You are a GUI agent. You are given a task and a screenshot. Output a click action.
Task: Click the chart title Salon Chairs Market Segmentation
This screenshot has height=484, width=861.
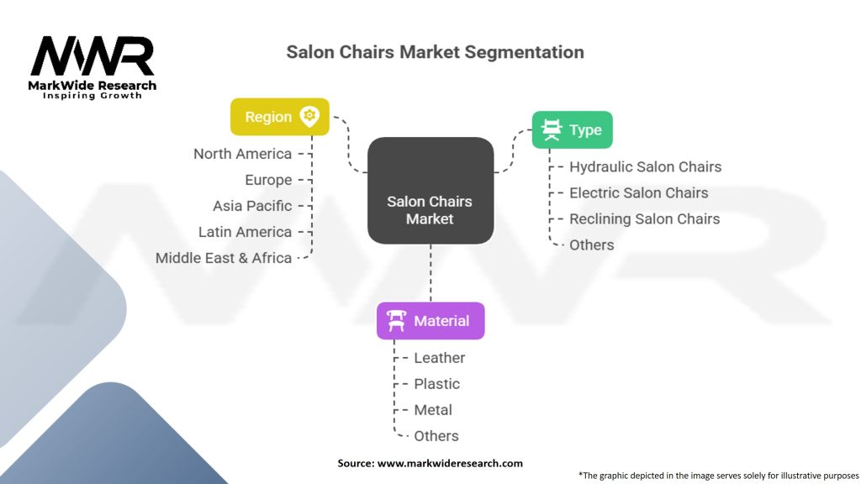tap(435, 52)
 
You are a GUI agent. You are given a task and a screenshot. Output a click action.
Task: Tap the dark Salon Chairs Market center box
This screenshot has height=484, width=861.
tap(430, 191)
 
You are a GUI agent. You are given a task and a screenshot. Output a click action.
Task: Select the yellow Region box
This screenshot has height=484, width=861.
tap(280, 117)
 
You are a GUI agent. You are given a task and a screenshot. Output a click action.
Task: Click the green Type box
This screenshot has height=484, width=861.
tap(572, 129)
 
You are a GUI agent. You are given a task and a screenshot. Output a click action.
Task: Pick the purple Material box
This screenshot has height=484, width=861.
tap(430, 320)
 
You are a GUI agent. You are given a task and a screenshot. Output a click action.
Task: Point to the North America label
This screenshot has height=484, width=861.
tap(243, 154)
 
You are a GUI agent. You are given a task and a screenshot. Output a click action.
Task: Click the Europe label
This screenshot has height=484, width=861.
tap(268, 180)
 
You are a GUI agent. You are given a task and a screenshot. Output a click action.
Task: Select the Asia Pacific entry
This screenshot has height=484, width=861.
tap(252, 206)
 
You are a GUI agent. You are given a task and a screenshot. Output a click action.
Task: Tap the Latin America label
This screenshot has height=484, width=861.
tap(245, 232)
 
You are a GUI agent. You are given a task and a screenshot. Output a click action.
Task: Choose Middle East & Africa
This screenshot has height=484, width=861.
tap(224, 258)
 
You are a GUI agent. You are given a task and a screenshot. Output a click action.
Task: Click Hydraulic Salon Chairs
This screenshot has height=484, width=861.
tap(645, 166)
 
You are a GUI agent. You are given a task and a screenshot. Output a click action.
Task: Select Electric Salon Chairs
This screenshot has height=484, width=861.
tap(638, 192)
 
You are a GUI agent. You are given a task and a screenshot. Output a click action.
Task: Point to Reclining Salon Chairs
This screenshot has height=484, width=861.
tap(644, 218)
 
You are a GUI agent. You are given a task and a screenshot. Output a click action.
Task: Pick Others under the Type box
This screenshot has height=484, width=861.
tap(591, 245)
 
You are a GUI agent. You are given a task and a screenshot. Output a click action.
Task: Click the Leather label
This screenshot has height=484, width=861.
tap(439, 358)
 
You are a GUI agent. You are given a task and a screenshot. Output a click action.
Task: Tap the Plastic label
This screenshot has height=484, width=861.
tap(436, 384)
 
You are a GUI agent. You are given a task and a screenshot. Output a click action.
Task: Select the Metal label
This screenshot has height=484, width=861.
tap(433, 410)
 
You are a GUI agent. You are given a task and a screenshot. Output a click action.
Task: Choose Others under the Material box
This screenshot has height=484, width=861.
tap(436, 436)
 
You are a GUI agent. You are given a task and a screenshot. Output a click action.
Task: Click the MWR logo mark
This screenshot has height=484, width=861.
tap(92, 57)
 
